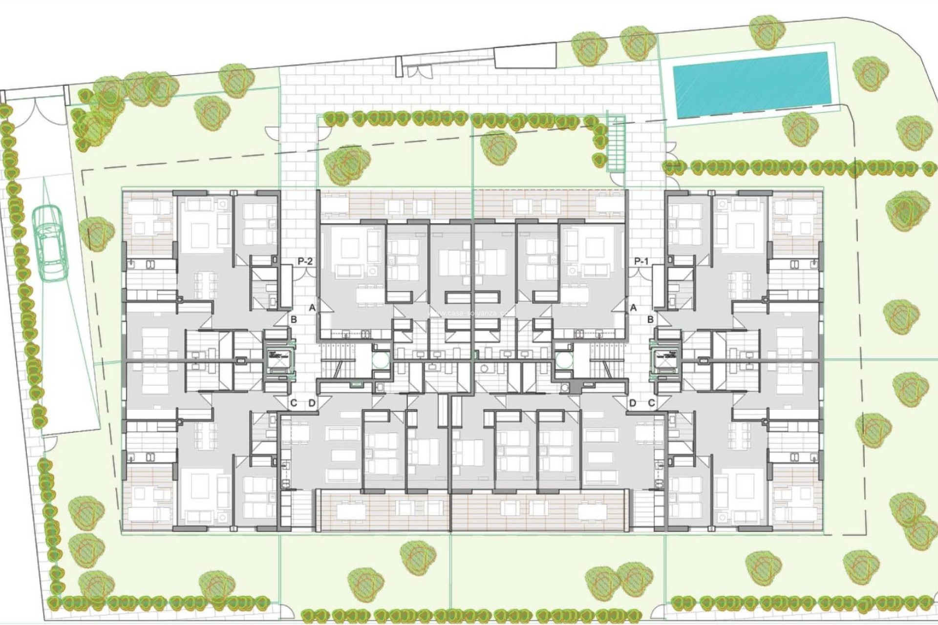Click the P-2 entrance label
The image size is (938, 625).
point(305,262)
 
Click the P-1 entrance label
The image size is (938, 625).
point(641,262)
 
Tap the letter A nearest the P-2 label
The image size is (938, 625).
point(312,308)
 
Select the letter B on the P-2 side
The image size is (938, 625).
point(294,320)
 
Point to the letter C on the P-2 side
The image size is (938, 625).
point(294,403)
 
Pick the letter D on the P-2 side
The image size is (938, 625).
point(312,403)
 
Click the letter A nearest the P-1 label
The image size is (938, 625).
point(634,308)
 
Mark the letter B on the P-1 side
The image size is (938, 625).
point(650,320)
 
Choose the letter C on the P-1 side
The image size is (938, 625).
point(651,403)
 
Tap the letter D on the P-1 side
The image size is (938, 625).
point(633,403)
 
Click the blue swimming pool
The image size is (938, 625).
point(751,85)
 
